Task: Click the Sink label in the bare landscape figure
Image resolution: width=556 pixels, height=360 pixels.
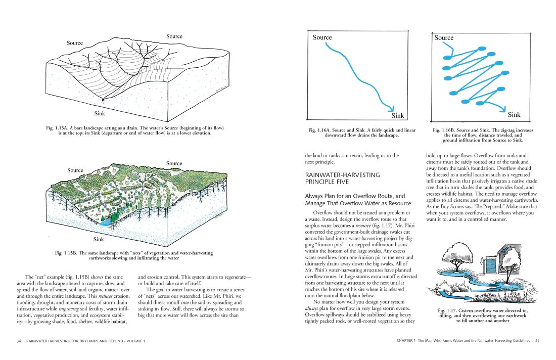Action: click(x=100, y=113)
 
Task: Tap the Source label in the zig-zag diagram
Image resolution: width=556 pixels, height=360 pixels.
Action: click(x=444, y=38)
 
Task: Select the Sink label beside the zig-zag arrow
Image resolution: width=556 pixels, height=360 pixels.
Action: click(x=514, y=115)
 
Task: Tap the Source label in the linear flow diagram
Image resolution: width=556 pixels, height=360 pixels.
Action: click(x=322, y=37)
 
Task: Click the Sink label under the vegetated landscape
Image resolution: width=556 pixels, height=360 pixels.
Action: click(x=100, y=239)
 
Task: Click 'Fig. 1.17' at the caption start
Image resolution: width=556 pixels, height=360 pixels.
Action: click(x=449, y=310)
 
